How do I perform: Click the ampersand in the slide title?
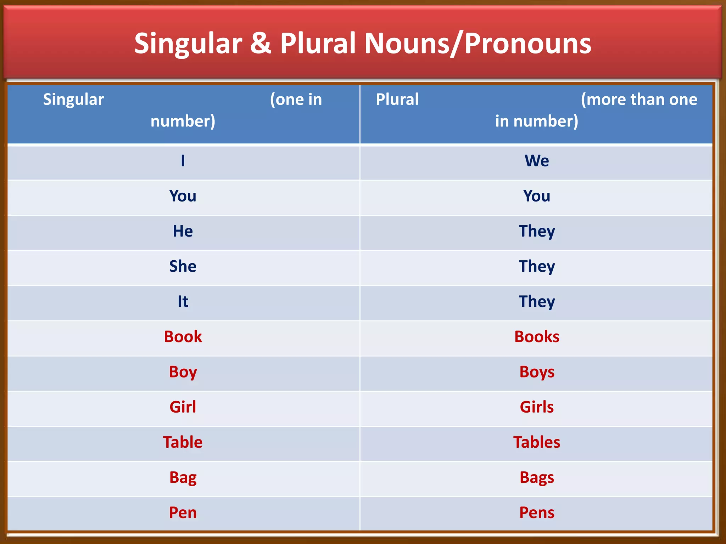pos(261,43)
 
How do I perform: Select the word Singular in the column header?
pos(73,99)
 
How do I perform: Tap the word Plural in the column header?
pos(397,99)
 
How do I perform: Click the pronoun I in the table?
pos(183,160)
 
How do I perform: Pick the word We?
pos(537,160)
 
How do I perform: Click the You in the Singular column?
pos(183,196)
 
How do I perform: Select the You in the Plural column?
pos(537,196)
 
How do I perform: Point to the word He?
pos(183,231)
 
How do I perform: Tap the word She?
pos(183,266)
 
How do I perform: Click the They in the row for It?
pos(537,302)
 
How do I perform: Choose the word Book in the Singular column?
pos(183,336)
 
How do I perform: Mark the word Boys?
pos(537,372)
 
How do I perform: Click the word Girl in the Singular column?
pos(183,407)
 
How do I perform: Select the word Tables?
pos(537,442)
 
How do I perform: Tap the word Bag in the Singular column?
pos(183,477)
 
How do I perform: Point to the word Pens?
pos(537,512)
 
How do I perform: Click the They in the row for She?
pos(537,266)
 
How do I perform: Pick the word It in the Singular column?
pos(183,301)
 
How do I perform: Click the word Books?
pos(537,336)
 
